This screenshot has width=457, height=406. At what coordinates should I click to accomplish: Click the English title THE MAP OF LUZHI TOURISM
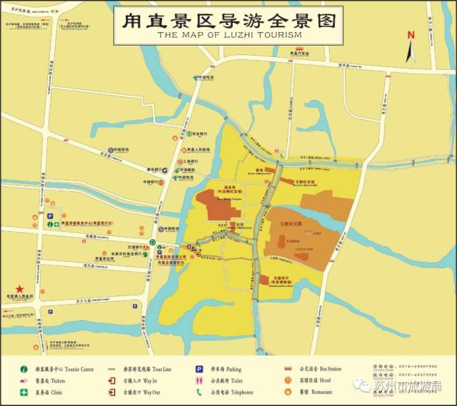[228, 34]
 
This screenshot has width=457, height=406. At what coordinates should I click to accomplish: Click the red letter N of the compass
[411, 34]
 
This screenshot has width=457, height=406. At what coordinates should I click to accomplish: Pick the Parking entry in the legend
[226, 369]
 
